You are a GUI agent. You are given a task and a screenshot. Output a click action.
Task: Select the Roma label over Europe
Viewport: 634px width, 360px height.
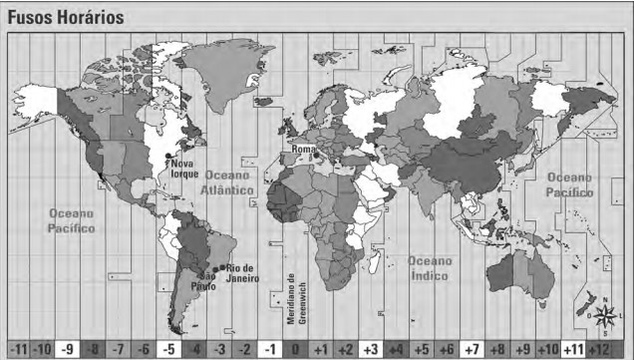pyautogui.click(x=304, y=150)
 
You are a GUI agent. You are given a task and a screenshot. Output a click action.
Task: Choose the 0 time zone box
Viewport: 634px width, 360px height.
pyautogui.click(x=295, y=349)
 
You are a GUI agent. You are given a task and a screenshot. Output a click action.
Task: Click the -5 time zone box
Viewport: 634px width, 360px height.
pyautogui.click(x=169, y=349)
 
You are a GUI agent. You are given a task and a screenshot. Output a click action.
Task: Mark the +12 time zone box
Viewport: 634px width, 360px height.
pyautogui.click(x=598, y=349)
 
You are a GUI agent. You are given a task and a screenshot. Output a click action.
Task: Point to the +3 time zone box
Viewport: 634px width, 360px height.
pyautogui.click(x=370, y=349)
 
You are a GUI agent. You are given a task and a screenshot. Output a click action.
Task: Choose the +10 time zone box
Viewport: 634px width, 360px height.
pyautogui.click(x=546, y=349)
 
